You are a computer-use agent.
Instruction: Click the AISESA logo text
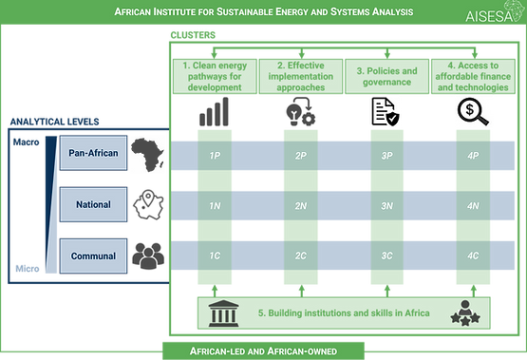tap(489, 16)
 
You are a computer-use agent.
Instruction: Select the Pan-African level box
tap(93, 153)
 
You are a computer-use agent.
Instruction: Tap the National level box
tap(93, 204)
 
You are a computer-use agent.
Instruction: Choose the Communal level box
tap(93, 256)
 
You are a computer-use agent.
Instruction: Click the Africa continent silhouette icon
tap(147, 154)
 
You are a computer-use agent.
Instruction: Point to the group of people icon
tap(148, 256)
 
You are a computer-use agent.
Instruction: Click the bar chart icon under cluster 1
tap(214, 111)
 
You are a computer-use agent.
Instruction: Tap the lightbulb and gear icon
tap(301, 111)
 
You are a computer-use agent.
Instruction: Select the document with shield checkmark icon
tap(386, 112)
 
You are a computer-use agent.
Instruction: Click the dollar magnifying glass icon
tap(473, 111)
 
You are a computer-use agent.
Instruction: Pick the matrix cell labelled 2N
tap(301, 206)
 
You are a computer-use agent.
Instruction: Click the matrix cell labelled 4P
tap(473, 156)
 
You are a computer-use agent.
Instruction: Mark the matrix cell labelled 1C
tap(215, 256)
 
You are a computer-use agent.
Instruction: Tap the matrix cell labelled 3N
tap(386, 206)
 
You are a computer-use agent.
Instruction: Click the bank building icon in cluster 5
tap(224, 313)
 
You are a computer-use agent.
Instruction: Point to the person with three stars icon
tap(465, 313)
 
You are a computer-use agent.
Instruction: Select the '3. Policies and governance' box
tap(386, 76)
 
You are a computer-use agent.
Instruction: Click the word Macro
tap(26, 142)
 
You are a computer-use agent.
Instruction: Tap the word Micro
tap(28, 269)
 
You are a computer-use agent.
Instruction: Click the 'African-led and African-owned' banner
tap(263, 351)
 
